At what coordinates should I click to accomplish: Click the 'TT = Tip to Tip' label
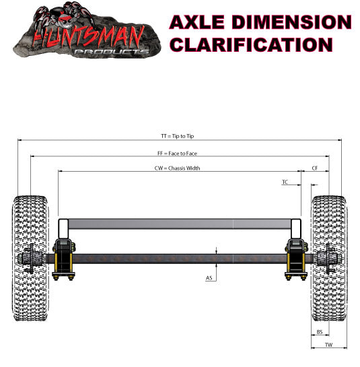click(x=178, y=136)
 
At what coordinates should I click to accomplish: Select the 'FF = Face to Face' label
click(x=178, y=153)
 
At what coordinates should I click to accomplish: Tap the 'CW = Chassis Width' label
click(x=178, y=168)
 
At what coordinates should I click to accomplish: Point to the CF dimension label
click(x=315, y=168)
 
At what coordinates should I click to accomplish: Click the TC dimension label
click(x=285, y=182)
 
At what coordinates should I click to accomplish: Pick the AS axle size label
click(x=209, y=277)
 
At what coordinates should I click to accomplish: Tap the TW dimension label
click(x=329, y=344)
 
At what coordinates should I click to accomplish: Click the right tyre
click(x=329, y=259)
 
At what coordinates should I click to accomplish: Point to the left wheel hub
click(x=31, y=259)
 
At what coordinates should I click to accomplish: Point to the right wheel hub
click(x=328, y=259)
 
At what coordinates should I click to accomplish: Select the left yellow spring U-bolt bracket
click(x=63, y=259)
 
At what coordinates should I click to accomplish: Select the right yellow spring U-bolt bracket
click(x=296, y=259)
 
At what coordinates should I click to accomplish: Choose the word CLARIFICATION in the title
click(x=251, y=44)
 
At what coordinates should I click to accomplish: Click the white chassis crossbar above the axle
click(x=178, y=224)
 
